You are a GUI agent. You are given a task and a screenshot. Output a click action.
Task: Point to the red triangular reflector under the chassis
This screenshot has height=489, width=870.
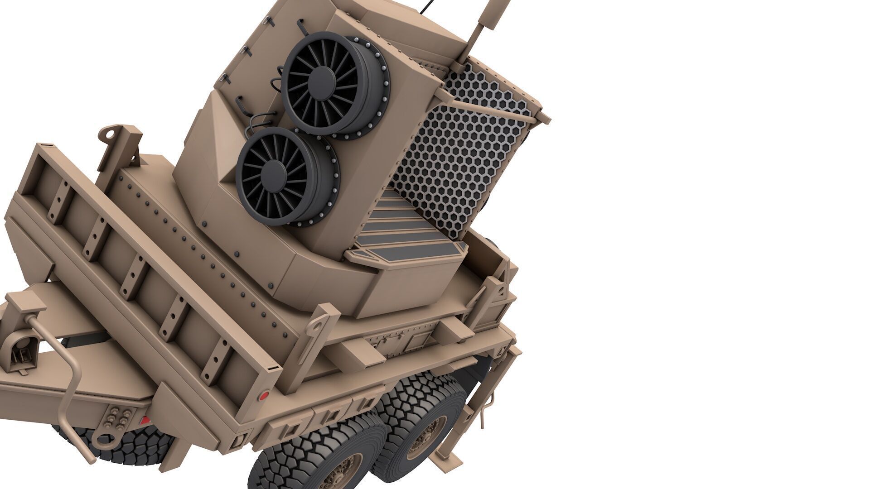tap(144, 420)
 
